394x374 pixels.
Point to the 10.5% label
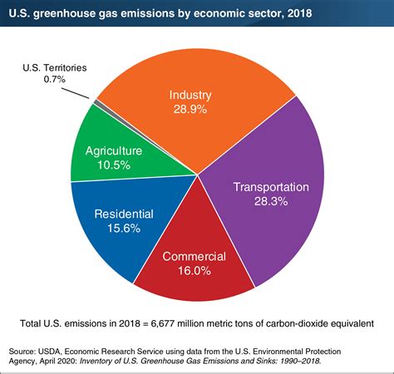(x=117, y=165)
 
